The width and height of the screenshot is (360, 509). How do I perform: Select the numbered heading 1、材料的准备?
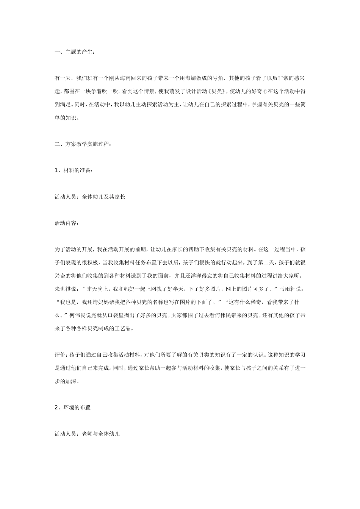pyautogui.click(x=74, y=170)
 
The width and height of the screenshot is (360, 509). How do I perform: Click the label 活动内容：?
pyautogui.click(x=67, y=223)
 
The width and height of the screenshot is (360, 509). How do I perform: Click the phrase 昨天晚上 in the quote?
pyautogui.click(x=96, y=289)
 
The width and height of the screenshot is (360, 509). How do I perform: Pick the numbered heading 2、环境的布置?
pyautogui.click(x=72, y=408)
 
